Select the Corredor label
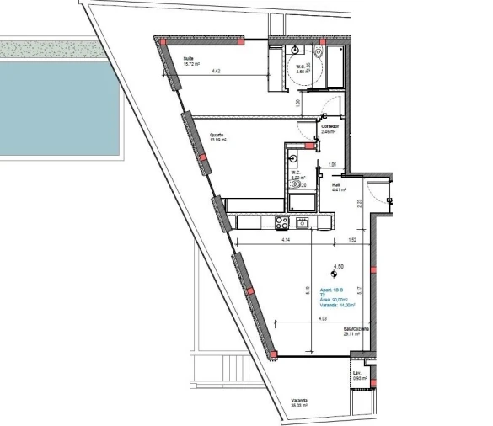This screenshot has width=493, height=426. (x=329, y=129)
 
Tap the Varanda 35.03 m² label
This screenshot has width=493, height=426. (x=298, y=402)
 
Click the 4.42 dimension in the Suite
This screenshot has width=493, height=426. (x=217, y=72)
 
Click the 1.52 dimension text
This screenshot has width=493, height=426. (x=351, y=242)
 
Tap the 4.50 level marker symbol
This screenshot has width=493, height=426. (x=335, y=271)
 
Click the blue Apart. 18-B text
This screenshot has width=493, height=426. (x=330, y=290)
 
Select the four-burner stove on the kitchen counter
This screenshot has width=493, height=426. (x=283, y=222)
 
